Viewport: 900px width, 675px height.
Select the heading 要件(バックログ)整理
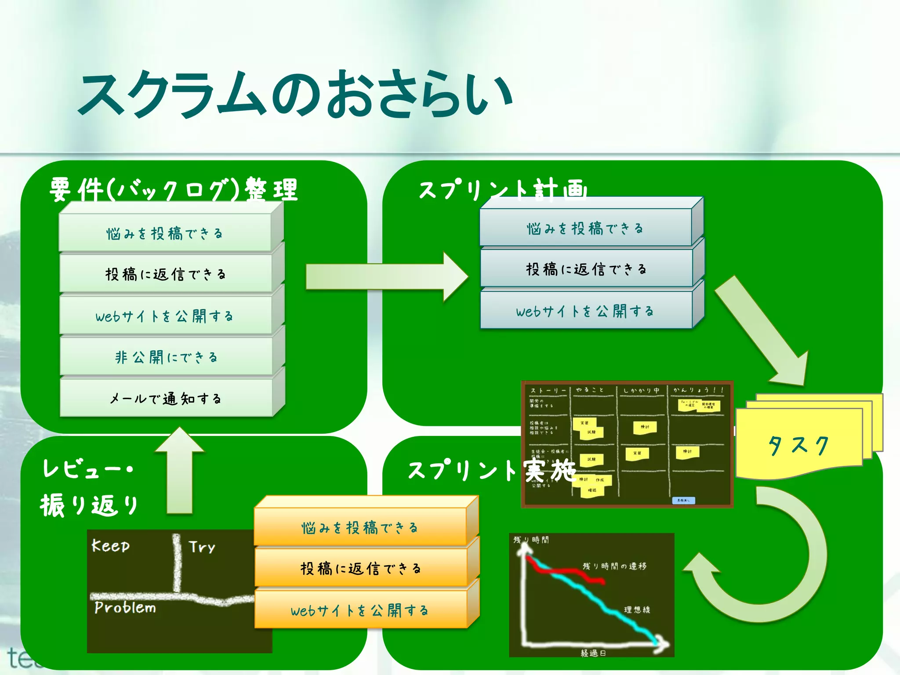pyautogui.click(x=174, y=190)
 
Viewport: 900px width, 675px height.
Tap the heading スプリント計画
pyautogui.click(x=503, y=190)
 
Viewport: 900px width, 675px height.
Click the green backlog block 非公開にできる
pyautogui.click(x=166, y=357)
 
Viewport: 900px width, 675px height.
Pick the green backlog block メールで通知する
pyautogui.click(x=166, y=399)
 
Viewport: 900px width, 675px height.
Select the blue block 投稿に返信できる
pyautogui.click(x=586, y=269)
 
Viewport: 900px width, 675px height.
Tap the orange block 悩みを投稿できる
pyautogui.click(x=359, y=527)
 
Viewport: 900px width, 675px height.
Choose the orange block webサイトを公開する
pyautogui.click(x=359, y=610)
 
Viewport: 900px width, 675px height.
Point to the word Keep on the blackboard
pyautogui.click(x=110, y=546)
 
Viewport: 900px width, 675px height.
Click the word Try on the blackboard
pyautogui.click(x=202, y=547)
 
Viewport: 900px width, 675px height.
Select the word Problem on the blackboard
pyautogui.click(x=125, y=608)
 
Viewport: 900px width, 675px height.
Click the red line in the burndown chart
pyautogui.click(x=567, y=572)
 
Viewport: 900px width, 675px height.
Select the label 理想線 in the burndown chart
pyautogui.click(x=637, y=610)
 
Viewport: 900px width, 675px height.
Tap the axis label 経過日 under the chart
pyautogui.click(x=593, y=653)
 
